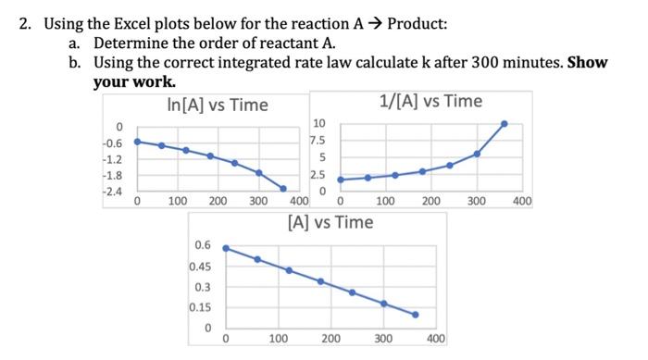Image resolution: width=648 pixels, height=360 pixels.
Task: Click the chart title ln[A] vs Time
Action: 218,105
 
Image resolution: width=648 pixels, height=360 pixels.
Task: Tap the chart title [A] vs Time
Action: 330,222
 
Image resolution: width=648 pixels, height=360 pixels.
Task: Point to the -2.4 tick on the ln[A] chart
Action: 115,192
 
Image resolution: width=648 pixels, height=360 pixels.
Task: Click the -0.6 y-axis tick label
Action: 115,143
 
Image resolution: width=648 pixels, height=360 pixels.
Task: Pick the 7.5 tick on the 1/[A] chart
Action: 318,141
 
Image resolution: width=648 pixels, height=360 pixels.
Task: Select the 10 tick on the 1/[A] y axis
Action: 320,124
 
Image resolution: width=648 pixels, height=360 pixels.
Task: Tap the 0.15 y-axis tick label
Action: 201,307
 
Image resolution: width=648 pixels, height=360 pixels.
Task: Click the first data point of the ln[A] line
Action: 137,142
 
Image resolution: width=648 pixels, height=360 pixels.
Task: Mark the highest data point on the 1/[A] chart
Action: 504,123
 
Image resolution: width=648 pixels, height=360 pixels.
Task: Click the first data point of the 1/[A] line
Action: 340,180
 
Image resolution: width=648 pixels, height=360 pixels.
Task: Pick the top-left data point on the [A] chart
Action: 226,248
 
